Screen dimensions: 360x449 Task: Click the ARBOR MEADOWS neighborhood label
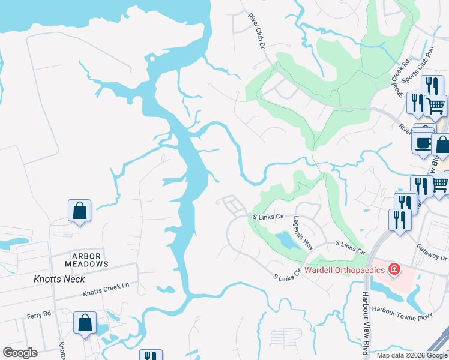88,259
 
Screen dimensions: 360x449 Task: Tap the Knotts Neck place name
59,279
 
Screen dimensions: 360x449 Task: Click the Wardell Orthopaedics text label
344,270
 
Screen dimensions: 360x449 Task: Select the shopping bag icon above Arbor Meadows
79,211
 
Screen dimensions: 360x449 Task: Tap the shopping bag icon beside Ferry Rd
85,322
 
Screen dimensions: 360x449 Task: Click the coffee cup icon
423,143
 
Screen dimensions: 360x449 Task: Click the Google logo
20,353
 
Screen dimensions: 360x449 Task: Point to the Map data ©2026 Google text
412,355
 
